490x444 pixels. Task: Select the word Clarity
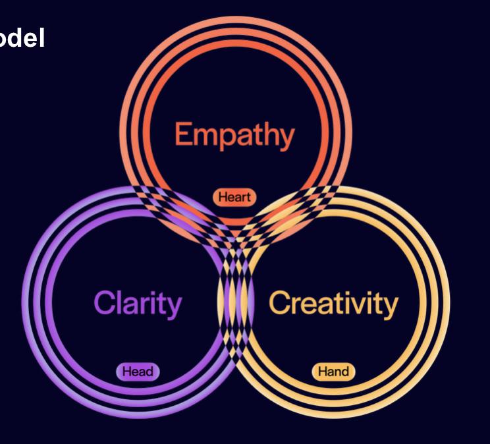(137, 304)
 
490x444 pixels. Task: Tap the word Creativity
(333, 304)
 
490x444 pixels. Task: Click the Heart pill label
(235, 196)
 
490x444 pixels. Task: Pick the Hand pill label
(333, 372)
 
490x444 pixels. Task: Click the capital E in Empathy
(184, 135)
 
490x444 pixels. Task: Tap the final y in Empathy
(286, 140)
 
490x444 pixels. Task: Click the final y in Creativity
(390, 307)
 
